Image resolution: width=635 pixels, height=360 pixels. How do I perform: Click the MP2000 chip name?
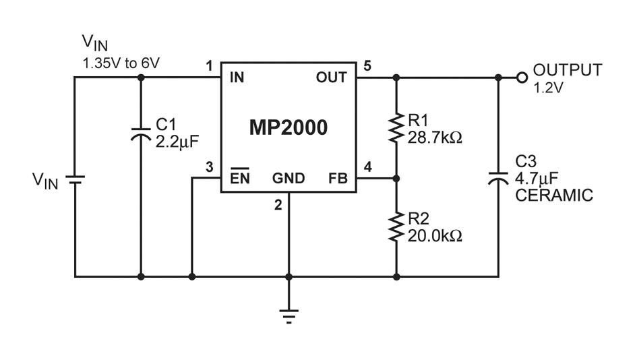pyautogui.click(x=289, y=127)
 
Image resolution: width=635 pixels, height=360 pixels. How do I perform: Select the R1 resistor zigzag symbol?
pyautogui.click(x=396, y=128)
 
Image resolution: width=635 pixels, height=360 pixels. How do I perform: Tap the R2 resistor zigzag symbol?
pyautogui.click(x=396, y=227)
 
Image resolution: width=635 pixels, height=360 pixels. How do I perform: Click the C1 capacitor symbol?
pyautogui.click(x=141, y=134)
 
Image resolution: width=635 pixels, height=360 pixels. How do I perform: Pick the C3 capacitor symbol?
pyautogui.click(x=498, y=178)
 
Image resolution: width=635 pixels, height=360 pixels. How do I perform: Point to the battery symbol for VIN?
pyautogui.click(x=75, y=180)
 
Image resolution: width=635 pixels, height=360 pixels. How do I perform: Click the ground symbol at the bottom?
pyautogui.click(x=289, y=317)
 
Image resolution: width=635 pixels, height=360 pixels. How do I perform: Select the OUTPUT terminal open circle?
pyautogui.click(x=522, y=78)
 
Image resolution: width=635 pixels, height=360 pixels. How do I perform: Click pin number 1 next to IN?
pyautogui.click(x=209, y=65)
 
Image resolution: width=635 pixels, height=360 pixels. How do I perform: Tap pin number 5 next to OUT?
pyautogui.click(x=367, y=65)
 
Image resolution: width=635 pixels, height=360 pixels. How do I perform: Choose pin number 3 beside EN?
pyautogui.click(x=209, y=167)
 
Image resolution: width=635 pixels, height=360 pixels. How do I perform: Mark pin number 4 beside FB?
pyautogui.click(x=367, y=167)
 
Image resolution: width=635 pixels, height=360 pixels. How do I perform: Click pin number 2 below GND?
pyautogui.click(x=278, y=205)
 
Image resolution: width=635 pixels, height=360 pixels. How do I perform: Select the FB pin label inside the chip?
pyautogui.click(x=338, y=178)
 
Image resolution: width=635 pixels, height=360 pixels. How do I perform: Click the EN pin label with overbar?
pyautogui.click(x=240, y=177)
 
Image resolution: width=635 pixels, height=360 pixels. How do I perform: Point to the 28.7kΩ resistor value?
pyautogui.click(x=435, y=138)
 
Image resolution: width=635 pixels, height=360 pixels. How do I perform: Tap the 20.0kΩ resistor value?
pyautogui.click(x=435, y=236)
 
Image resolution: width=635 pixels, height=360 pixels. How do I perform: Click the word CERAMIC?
pyautogui.click(x=554, y=196)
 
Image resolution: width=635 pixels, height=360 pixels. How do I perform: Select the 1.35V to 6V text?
pyautogui.click(x=121, y=63)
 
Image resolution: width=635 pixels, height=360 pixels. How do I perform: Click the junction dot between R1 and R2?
pyautogui.click(x=396, y=178)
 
